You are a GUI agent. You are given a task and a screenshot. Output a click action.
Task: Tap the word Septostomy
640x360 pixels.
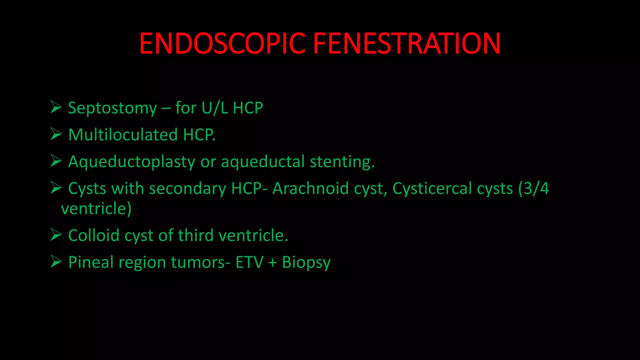112,108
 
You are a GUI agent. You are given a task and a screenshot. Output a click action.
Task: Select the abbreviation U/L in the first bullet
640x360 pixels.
215,108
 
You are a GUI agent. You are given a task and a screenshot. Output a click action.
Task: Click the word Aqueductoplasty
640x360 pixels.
132,162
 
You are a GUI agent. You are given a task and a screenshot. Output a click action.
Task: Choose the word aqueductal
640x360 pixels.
262,162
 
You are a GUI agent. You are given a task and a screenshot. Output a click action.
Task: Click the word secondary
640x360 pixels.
187,189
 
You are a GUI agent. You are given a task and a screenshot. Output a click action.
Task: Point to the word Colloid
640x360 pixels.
94,235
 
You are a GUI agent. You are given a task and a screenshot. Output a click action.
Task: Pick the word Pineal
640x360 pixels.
91,262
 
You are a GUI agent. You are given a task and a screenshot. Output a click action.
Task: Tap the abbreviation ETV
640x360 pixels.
249,262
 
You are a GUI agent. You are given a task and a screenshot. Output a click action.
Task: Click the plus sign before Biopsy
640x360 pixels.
273,262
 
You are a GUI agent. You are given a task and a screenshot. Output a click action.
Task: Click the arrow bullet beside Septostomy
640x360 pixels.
56,107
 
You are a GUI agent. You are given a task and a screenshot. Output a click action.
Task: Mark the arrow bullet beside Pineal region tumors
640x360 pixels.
56,262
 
